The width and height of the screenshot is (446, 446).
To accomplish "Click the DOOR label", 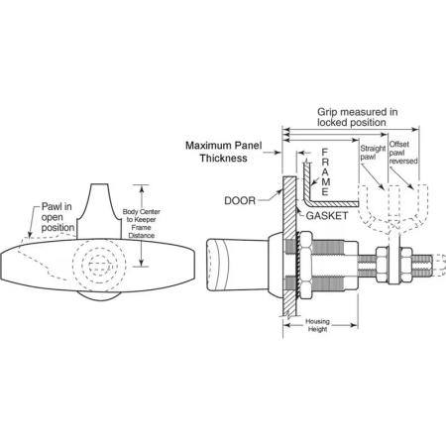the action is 240,200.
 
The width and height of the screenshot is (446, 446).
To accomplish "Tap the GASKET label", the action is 327,216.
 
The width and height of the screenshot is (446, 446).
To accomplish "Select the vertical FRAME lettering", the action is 325,171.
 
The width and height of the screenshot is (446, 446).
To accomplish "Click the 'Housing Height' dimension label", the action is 317,325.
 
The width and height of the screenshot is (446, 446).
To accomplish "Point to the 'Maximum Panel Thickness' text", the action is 224,152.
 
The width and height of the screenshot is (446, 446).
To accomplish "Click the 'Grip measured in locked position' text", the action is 357,117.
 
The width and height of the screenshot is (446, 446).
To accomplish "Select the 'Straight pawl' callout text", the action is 373,153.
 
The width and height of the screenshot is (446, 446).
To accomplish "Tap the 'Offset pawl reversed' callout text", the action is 403,153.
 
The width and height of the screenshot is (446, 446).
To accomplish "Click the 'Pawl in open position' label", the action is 57,217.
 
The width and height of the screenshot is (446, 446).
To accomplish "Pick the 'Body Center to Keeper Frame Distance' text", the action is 141,223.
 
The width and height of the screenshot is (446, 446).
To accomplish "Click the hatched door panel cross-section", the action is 289,246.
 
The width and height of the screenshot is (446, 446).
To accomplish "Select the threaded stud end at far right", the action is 422,266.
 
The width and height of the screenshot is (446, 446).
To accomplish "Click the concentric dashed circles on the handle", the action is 99,265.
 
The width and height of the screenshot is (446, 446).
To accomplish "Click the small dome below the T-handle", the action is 98,296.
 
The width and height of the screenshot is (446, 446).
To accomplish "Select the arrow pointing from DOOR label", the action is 270,196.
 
